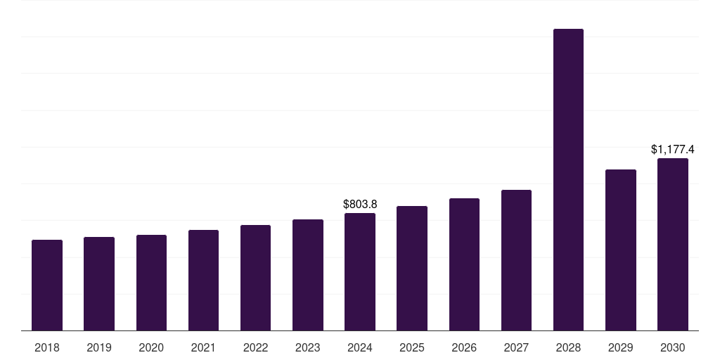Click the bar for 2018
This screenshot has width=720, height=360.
(x=47, y=285)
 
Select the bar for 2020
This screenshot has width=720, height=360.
(x=152, y=283)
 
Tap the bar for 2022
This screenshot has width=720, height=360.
(x=255, y=278)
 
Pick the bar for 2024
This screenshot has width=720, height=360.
(x=360, y=272)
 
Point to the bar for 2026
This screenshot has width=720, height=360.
(x=464, y=264)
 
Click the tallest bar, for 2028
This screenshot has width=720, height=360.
(x=568, y=179)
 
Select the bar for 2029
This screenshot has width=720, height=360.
(x=621, y=250)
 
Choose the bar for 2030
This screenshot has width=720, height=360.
(x=673, y=244)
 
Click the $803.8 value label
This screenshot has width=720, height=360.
(x=360, y=205)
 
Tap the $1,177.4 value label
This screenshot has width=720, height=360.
(x=673, y=149)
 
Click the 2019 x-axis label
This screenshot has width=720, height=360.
(x=99, y=347)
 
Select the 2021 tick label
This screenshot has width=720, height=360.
(x=203, y=347)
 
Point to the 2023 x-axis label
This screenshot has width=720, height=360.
(x=308, y=347)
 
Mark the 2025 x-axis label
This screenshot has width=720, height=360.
(x=412, y=347)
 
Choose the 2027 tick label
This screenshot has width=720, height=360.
(x=516, y=347)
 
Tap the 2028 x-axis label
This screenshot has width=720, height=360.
(x=568, y=347)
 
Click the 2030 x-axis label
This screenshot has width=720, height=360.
(x=673, y=347)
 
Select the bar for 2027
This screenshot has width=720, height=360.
(x=516, y=260)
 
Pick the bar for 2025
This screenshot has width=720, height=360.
(x=412, y=268)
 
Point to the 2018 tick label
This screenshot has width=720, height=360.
(x=47, y=347)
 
